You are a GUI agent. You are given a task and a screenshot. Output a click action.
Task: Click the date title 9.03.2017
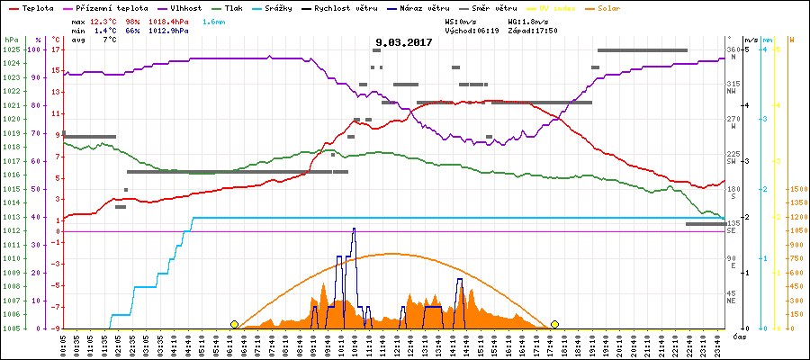pos(404,41)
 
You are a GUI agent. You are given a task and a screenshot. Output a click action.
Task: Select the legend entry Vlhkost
pos(187,7)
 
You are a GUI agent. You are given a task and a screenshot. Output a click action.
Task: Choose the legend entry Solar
pos(622,7)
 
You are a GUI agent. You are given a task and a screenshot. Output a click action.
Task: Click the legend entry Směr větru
pos(491,7)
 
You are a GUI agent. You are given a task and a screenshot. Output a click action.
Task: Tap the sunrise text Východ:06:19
pos(471,30)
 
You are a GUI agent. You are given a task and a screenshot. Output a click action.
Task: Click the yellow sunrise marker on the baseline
pos(234,324)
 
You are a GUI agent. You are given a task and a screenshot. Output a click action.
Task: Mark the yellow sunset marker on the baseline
pos(555,324)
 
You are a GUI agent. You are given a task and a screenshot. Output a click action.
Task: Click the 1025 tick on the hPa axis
pos(10,49)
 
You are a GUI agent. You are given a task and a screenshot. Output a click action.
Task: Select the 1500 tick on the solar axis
pos(797,189)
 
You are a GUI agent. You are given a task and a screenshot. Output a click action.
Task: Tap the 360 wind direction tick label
pos(733,49)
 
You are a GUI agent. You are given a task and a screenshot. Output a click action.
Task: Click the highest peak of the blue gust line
pos(354,229)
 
